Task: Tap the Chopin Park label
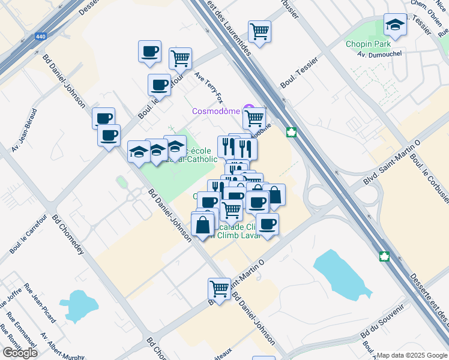coord(368,44)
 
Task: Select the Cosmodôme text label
coord(215,111)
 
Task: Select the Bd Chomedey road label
coord(67,235)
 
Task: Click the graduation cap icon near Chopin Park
coord(395,25)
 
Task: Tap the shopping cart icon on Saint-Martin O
coord(220,289)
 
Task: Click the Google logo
coord(20,353)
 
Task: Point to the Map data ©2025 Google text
coord(411,355)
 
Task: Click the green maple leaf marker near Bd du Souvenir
coord(384,256)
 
